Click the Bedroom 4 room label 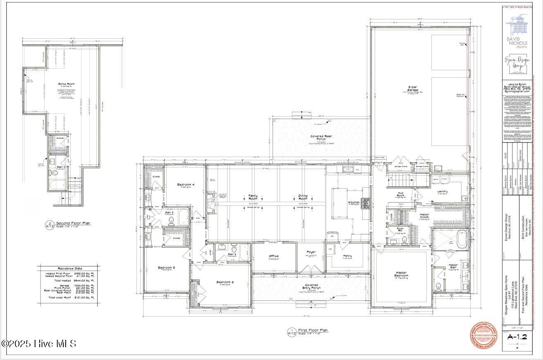click(186, 184)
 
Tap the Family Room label click(253, 197)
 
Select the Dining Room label click(303, 197)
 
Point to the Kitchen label click(354, 203)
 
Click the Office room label click(274, 256)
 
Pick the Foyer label click(311, 252)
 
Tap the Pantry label click(347, 256)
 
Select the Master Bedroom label click(401, 274)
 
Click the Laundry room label click(443, 191)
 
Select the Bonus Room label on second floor click(66, 84)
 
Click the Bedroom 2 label click(225, 282)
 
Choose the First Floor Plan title click(313, 330)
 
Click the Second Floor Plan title click(73, 223)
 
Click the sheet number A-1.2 click(517, 337)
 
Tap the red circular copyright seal click(485, 336)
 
